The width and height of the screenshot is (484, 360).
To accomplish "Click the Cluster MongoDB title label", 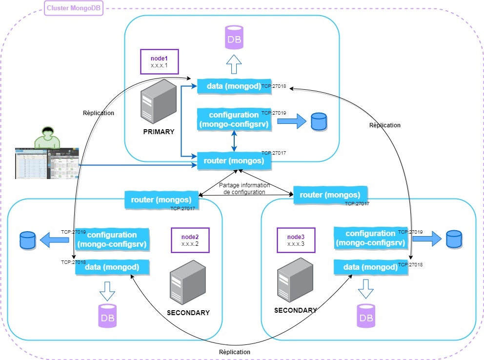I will [74, 8].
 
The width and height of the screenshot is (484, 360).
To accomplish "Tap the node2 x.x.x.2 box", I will [190, 240].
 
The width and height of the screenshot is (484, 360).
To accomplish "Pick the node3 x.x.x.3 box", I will [296, 240].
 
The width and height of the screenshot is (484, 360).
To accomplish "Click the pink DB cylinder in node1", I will [234, 37].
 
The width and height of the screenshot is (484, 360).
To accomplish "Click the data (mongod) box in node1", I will [233, 86].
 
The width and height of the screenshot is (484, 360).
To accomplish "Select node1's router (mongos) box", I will [233, 160].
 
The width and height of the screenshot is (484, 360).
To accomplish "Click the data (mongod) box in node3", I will [370, 267].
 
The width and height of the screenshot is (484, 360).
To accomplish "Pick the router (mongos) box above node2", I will [161, 199].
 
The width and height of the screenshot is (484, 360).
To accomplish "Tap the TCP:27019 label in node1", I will [274, 113].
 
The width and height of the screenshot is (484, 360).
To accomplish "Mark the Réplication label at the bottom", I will [235, 352].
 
